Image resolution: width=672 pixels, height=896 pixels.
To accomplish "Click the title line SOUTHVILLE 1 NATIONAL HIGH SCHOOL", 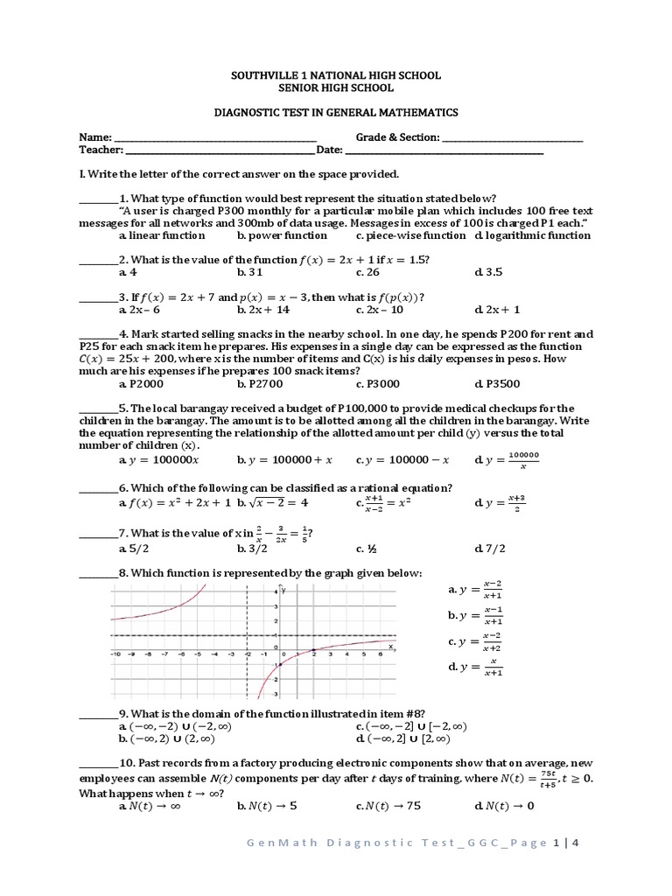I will pyautogui.click(x=336, y=76).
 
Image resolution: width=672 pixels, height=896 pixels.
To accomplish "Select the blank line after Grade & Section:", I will pyautogui.click(x=512, y=139).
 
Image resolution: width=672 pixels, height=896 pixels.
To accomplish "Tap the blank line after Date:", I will pyautogui.click(x=442, y=151).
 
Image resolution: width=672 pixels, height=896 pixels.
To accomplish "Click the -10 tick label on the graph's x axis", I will pyautogui.click(x=115, y=654).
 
